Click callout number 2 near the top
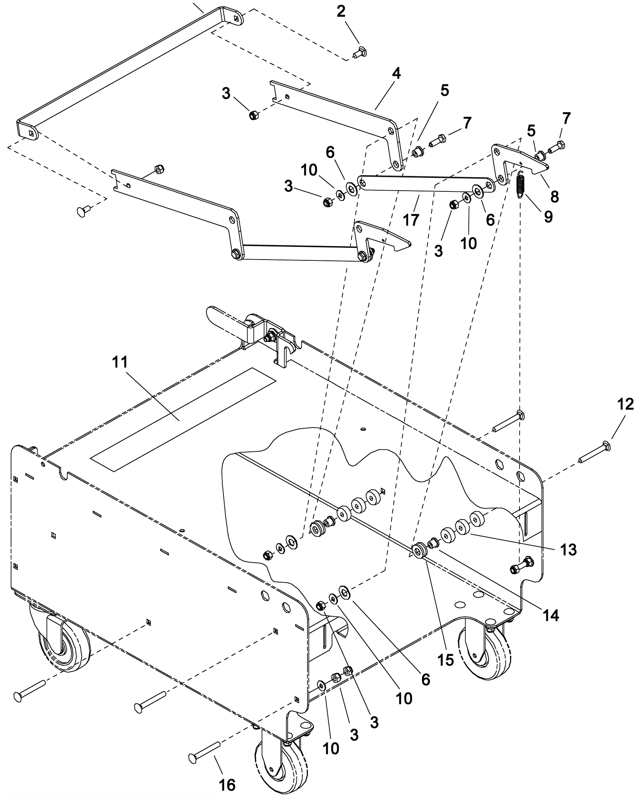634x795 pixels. point(341,12)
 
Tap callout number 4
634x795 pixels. point(396,74)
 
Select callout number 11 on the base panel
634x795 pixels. point(120,362)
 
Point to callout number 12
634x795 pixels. point(625,405)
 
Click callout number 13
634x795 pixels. point(568,550)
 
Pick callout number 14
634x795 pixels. point(551,615)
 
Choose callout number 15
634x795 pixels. point(445,660)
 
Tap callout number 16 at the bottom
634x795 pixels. point(227,773)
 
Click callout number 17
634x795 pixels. point(411,219)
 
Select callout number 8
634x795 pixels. point(554,197)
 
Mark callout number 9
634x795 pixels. point(548,216)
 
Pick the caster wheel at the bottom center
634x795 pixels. point(281,767)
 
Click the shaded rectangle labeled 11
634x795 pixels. point(183,419)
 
